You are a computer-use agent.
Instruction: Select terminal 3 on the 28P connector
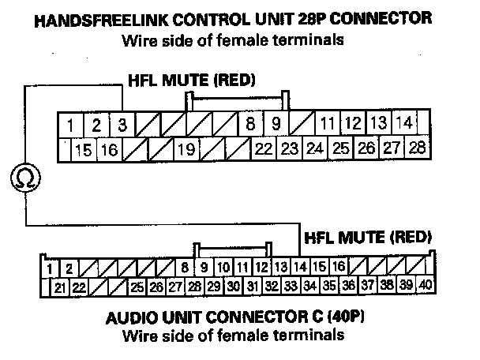[x=121, y=125]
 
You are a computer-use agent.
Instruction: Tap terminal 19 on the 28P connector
[x=186, y=148]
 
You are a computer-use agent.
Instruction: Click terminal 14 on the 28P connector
[x=404, y=124]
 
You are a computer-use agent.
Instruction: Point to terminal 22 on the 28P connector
[x=264, y=148]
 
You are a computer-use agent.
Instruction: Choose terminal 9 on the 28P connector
[x=276, y=124]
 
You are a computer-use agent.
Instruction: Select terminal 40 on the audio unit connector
[x=426, y=284]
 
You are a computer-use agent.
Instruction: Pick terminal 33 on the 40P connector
[x=290, y=285]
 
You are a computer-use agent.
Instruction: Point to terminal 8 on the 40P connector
[x=185, y=267]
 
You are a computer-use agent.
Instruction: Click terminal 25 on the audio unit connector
[x=137, y=286]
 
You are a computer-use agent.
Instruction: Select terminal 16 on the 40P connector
[x=338, y=267]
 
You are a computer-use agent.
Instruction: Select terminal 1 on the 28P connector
[x=71, y=125]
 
